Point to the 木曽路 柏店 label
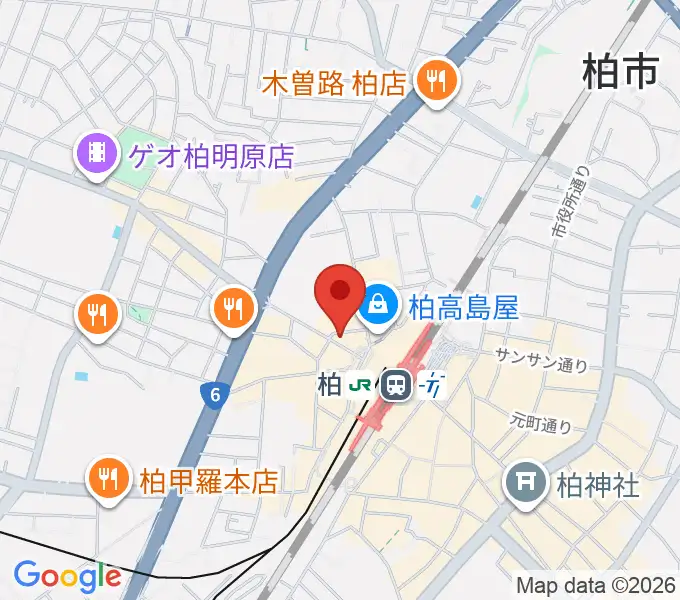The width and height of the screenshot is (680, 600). point(334,83)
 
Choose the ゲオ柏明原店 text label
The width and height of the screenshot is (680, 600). point(211,156)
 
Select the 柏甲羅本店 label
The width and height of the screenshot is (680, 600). point(208,481)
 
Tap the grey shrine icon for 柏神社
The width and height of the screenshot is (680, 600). point(525,485)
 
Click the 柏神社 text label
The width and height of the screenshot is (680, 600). point(597,486)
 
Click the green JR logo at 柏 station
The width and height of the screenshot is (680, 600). point(362,384)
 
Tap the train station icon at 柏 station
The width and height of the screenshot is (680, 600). point(397,384)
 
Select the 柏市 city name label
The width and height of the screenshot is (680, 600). point(620,72)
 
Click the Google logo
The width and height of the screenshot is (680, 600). point(66,576)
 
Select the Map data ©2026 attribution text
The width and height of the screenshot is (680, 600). point(596,583)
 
